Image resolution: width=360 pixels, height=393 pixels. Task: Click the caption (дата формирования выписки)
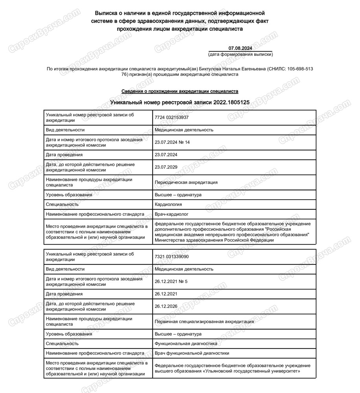coord(240,54)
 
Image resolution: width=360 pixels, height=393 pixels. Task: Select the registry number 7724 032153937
coord(172,117)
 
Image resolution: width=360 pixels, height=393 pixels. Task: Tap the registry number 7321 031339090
coord(172,257)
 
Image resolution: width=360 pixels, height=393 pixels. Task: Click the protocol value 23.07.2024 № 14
coord(173,142)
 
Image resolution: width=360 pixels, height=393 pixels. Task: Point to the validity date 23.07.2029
coord(166,167)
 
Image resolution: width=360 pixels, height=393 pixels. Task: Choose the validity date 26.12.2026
coord(166,306)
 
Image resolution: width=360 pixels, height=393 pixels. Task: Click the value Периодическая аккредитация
coord(186,182)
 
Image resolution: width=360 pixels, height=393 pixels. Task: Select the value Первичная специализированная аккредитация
coord(204,321)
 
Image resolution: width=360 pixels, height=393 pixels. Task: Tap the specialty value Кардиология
coord(169,204)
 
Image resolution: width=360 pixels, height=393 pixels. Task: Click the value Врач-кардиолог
coord(172,215)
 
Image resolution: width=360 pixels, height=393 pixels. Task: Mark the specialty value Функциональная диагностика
coord(186,343)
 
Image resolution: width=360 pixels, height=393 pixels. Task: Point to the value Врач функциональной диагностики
coord(192,353)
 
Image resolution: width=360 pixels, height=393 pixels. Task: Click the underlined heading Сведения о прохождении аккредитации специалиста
coord(180,91)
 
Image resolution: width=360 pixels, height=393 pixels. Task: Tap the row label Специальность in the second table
coord(62,343)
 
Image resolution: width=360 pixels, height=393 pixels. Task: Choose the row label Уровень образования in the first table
coord(69,195)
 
